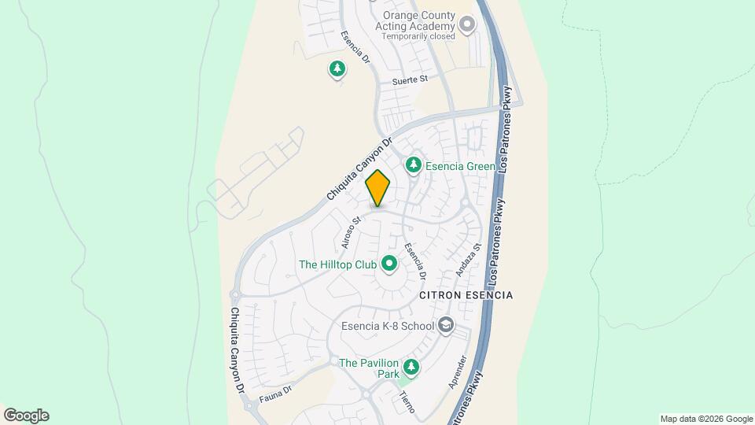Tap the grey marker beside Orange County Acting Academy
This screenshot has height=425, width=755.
pos(467,25)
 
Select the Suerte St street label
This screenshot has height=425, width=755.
pos(410,79)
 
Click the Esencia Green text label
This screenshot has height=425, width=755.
pos(460,166)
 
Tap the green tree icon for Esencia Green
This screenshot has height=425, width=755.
pos(413,165)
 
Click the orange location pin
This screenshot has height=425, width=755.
pos(378,189)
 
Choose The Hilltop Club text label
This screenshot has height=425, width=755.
pos(337,264)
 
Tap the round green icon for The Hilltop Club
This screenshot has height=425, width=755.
pos(389,264)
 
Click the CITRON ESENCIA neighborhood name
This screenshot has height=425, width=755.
pos(466,295)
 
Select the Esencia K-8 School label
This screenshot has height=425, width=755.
pos(388,326)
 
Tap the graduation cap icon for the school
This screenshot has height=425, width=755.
pos(446,325)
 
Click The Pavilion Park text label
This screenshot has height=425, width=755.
pos(369,368)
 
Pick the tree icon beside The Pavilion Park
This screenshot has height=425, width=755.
pos(411,367)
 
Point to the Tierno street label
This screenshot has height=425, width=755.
pos(407,402)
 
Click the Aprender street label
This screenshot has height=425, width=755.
pos(457,373)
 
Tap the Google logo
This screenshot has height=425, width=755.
pos(26,416)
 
